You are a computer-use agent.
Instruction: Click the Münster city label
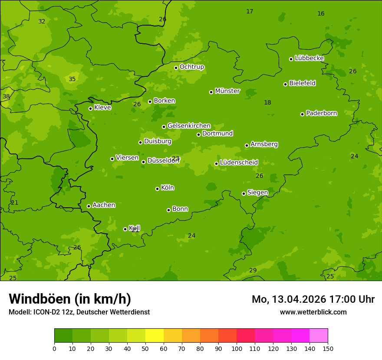pos(227,91)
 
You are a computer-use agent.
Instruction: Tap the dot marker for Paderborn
pos(303,114)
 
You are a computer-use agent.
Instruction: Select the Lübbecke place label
pos(309,58)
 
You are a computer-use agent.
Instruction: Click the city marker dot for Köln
pos(157,189)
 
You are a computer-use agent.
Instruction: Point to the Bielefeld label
pos(302,83)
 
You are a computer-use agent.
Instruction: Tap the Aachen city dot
pos(89,206)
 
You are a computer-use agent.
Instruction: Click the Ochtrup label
pos(191,67)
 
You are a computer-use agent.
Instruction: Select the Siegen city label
pos(257,193)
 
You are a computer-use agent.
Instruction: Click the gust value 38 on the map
pos(6,96)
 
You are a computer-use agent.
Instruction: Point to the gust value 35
pos(72,79)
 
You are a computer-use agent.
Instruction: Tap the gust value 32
pos(42,21)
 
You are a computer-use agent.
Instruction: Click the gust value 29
pos(253,270)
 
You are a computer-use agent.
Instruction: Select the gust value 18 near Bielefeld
pos(267,102)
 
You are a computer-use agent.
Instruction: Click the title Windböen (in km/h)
pos(70,299)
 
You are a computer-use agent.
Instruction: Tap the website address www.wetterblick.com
pos(313,312)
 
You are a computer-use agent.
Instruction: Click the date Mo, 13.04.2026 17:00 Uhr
pos(313,299)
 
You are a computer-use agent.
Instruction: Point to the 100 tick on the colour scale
pos(237,348)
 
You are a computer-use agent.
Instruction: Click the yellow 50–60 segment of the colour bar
pos(155,336)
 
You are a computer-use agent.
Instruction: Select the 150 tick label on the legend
pos(328,348)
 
